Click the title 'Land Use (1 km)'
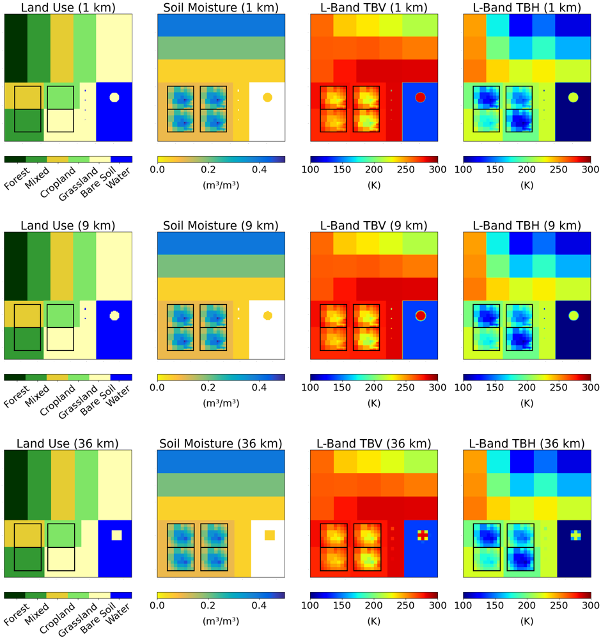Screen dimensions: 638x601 coord(68,7)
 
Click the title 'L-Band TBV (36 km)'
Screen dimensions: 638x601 coord(374,443)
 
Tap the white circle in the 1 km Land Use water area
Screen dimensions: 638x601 coord(114,97)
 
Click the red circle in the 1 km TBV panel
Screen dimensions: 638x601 coord(420,97)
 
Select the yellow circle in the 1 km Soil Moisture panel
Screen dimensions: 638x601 coord(267,97)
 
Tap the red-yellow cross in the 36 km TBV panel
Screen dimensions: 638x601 coord(422,535)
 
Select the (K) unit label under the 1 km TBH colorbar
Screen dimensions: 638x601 coord(527,186)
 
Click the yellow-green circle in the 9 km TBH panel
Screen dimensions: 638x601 coord(574,315)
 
